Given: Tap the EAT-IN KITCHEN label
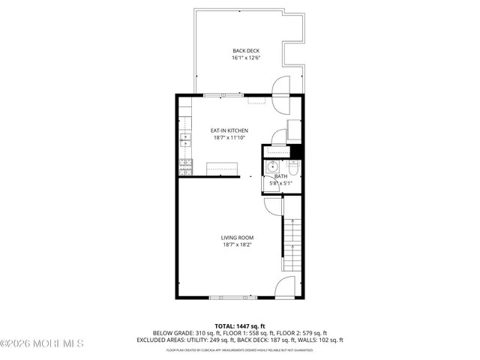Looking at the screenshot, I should point(229,130).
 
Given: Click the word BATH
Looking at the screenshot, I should point(280,176).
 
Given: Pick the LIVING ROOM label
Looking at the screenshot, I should point(237,238).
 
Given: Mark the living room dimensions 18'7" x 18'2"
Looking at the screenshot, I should point(237,245).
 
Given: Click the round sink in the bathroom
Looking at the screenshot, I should point(274,166).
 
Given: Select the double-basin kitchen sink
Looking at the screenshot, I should point(184,139).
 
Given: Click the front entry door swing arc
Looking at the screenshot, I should point(286,286).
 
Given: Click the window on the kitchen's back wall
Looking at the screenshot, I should point(223,94).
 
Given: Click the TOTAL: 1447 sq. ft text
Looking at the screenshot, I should point(240,326).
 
